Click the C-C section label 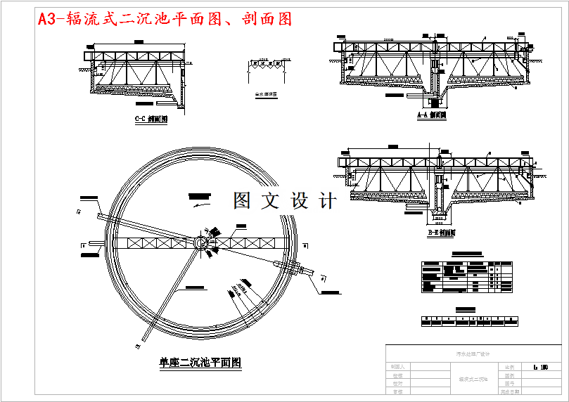click(x=151, y=119)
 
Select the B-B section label click(x=441, y=233)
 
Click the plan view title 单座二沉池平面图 click(x=200, y=363)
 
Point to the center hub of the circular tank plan click(x=200, y=242)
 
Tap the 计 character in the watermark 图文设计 click(x=327, y=201)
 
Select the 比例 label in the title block click(x=509, y=367)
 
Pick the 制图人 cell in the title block click(x=398, y=367)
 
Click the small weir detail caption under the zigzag click(x=265, y=93)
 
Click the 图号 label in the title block click(x=509, y=384)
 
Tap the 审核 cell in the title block click(x=398, y=392)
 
